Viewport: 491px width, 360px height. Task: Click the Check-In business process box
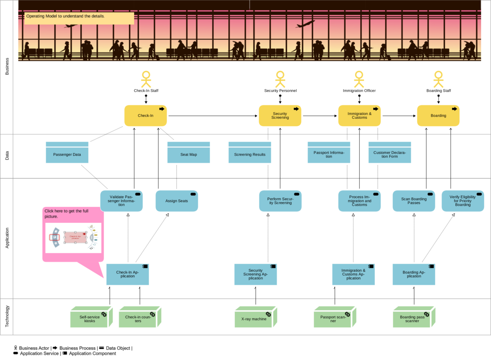(x=146, y=115)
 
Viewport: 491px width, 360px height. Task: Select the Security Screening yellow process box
(x=280, y=115)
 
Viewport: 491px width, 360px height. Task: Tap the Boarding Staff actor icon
(x=438, y=79)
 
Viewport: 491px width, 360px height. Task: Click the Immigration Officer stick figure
(x=359, y=79)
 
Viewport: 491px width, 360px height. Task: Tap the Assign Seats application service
(x=177, y=201)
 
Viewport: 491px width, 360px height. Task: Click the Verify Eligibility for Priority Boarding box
(x=463, y=201)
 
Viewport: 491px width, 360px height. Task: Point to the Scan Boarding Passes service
(x=414, y=201)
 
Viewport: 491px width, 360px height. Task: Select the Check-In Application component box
(x=128, y=274)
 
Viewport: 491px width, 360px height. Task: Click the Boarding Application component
(x=414, y=274)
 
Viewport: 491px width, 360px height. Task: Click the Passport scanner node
(x=333, y=318)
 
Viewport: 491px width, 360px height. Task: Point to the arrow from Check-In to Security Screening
(x=213, y=116)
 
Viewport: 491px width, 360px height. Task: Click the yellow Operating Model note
(x=79, y=18)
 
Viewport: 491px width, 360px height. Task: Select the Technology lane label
(x=7, y=317)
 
